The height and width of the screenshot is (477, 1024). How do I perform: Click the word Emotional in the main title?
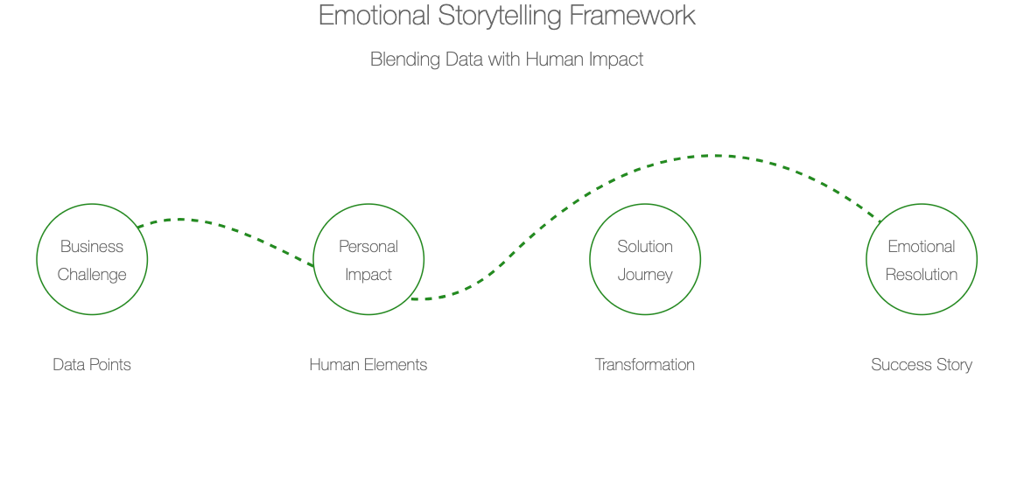click(x=375, y=15)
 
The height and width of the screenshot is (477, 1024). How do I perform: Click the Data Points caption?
click(x=92, y=365)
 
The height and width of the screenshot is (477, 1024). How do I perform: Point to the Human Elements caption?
click(x=368, y=365)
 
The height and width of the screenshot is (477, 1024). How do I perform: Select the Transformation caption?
click(x=645, y=365)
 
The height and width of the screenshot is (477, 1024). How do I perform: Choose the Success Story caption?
click(x=922, y=365)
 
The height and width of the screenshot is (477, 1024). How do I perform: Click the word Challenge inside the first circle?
click(x=92, y=275)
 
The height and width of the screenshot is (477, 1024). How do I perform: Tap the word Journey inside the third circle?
click(x=645, y=275)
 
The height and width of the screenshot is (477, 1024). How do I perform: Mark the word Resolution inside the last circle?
click(x=922, y=275)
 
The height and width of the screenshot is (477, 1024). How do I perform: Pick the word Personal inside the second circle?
click(x=368, y=246)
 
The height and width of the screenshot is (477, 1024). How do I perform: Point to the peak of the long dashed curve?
click(x=717, y=156)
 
